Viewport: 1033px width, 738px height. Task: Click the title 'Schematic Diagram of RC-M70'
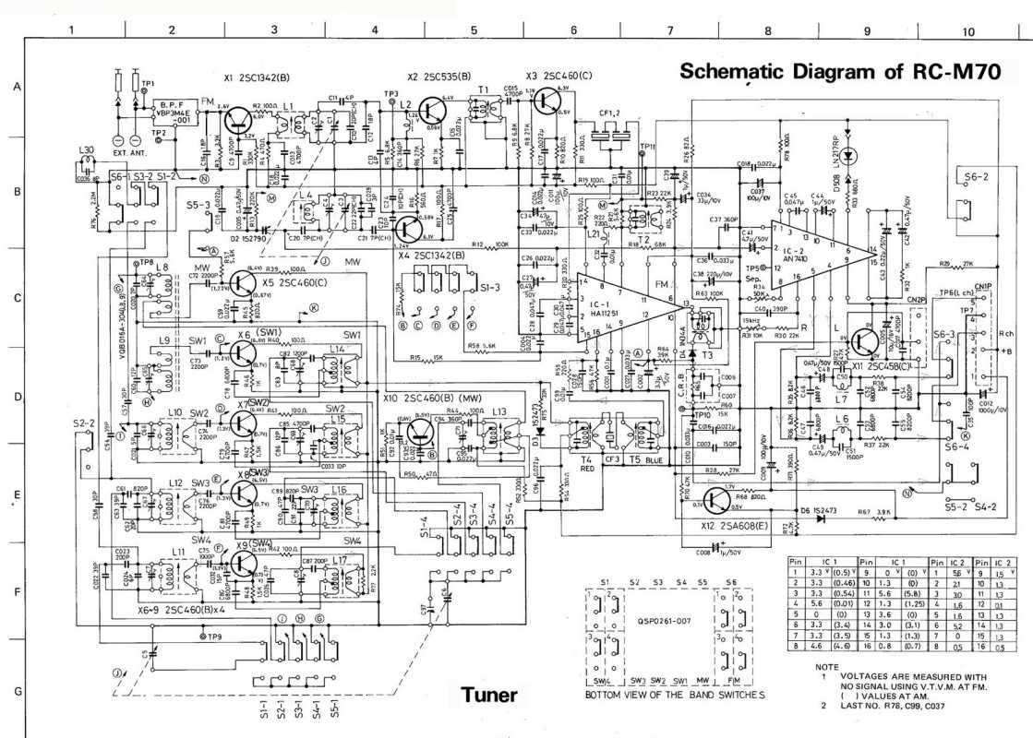[839, 71]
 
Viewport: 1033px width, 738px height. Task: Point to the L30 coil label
[87, 149]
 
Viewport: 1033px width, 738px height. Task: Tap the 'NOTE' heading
[827, 666]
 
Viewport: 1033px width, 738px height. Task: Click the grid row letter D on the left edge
[17, 398]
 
